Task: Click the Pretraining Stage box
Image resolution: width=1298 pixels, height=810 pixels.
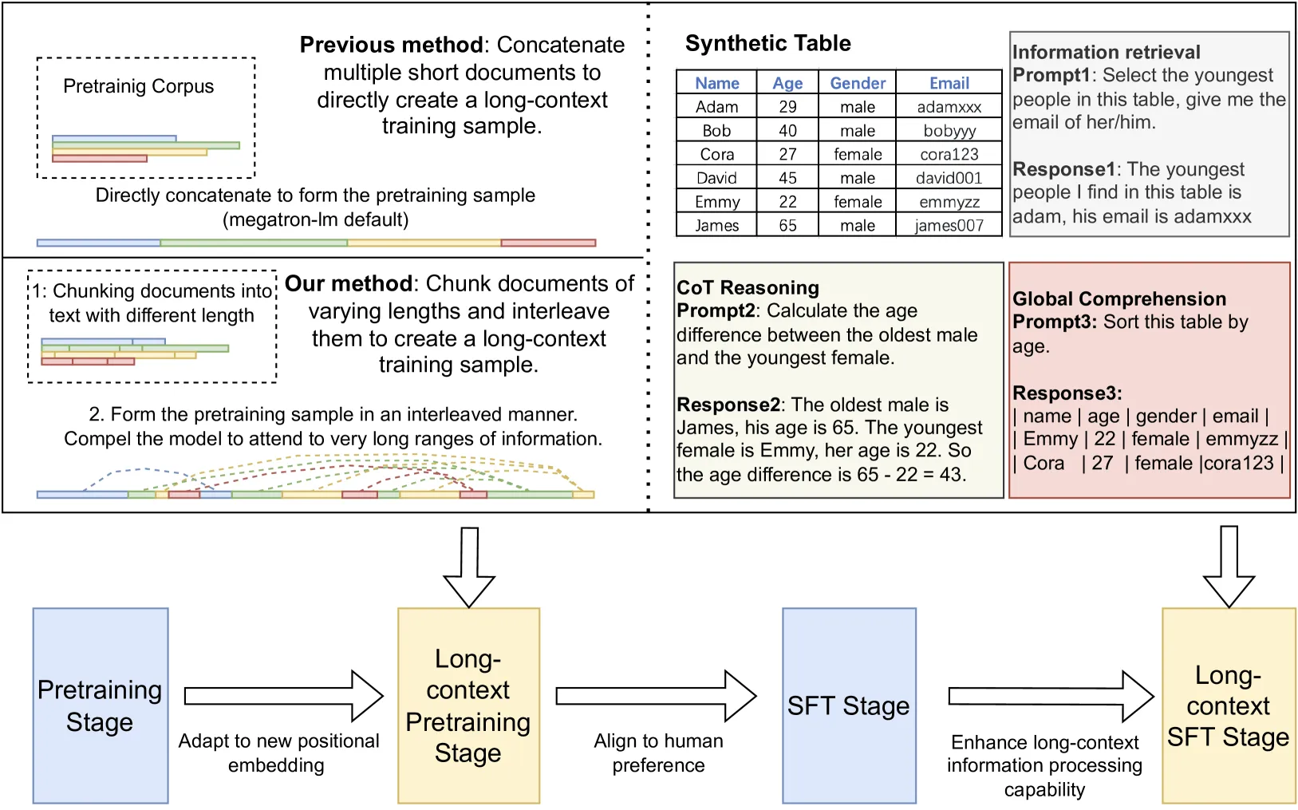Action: click(x=101, y=705)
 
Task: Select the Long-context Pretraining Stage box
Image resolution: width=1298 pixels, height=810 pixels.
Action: click(x=468, y=705)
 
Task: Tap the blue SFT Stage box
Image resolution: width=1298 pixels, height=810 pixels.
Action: click(x=849, y=705)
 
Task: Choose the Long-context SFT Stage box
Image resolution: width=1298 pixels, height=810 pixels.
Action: click(x=1229, y=705)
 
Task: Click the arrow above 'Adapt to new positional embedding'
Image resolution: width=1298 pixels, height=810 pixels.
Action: click(x=284, y=696)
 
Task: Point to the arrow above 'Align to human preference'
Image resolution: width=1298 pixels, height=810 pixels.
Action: click(x=656, y=696)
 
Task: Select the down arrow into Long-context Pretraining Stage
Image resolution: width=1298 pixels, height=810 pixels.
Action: click(x=469, y=567)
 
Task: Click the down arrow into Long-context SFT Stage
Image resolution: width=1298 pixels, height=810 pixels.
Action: click(x=1229, y=567)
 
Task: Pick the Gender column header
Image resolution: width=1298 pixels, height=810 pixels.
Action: click(x=857, y=82)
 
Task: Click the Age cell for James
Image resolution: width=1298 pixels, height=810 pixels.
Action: click(x=787, y=225)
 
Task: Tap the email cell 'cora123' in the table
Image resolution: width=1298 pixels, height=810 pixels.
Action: click(x=949, y=154)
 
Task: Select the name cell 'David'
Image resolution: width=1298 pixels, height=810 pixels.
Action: click(x=716, y=177)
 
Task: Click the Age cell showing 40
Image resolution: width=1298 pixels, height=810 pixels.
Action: click(x=787, y=130)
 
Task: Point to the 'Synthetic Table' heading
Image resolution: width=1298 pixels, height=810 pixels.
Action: click(x=767, y=43)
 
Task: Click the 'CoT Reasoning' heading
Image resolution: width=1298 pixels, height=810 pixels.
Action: click(x=748, y=287)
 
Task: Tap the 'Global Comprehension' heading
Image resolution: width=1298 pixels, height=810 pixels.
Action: click(x=1119, y=298)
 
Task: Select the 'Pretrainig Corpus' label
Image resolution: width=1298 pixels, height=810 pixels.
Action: click(x=139, y=86)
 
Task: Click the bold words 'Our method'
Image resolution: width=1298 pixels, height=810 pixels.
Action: click(x=349, y=283)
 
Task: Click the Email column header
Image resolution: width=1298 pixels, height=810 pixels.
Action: click(x=949, y=82)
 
